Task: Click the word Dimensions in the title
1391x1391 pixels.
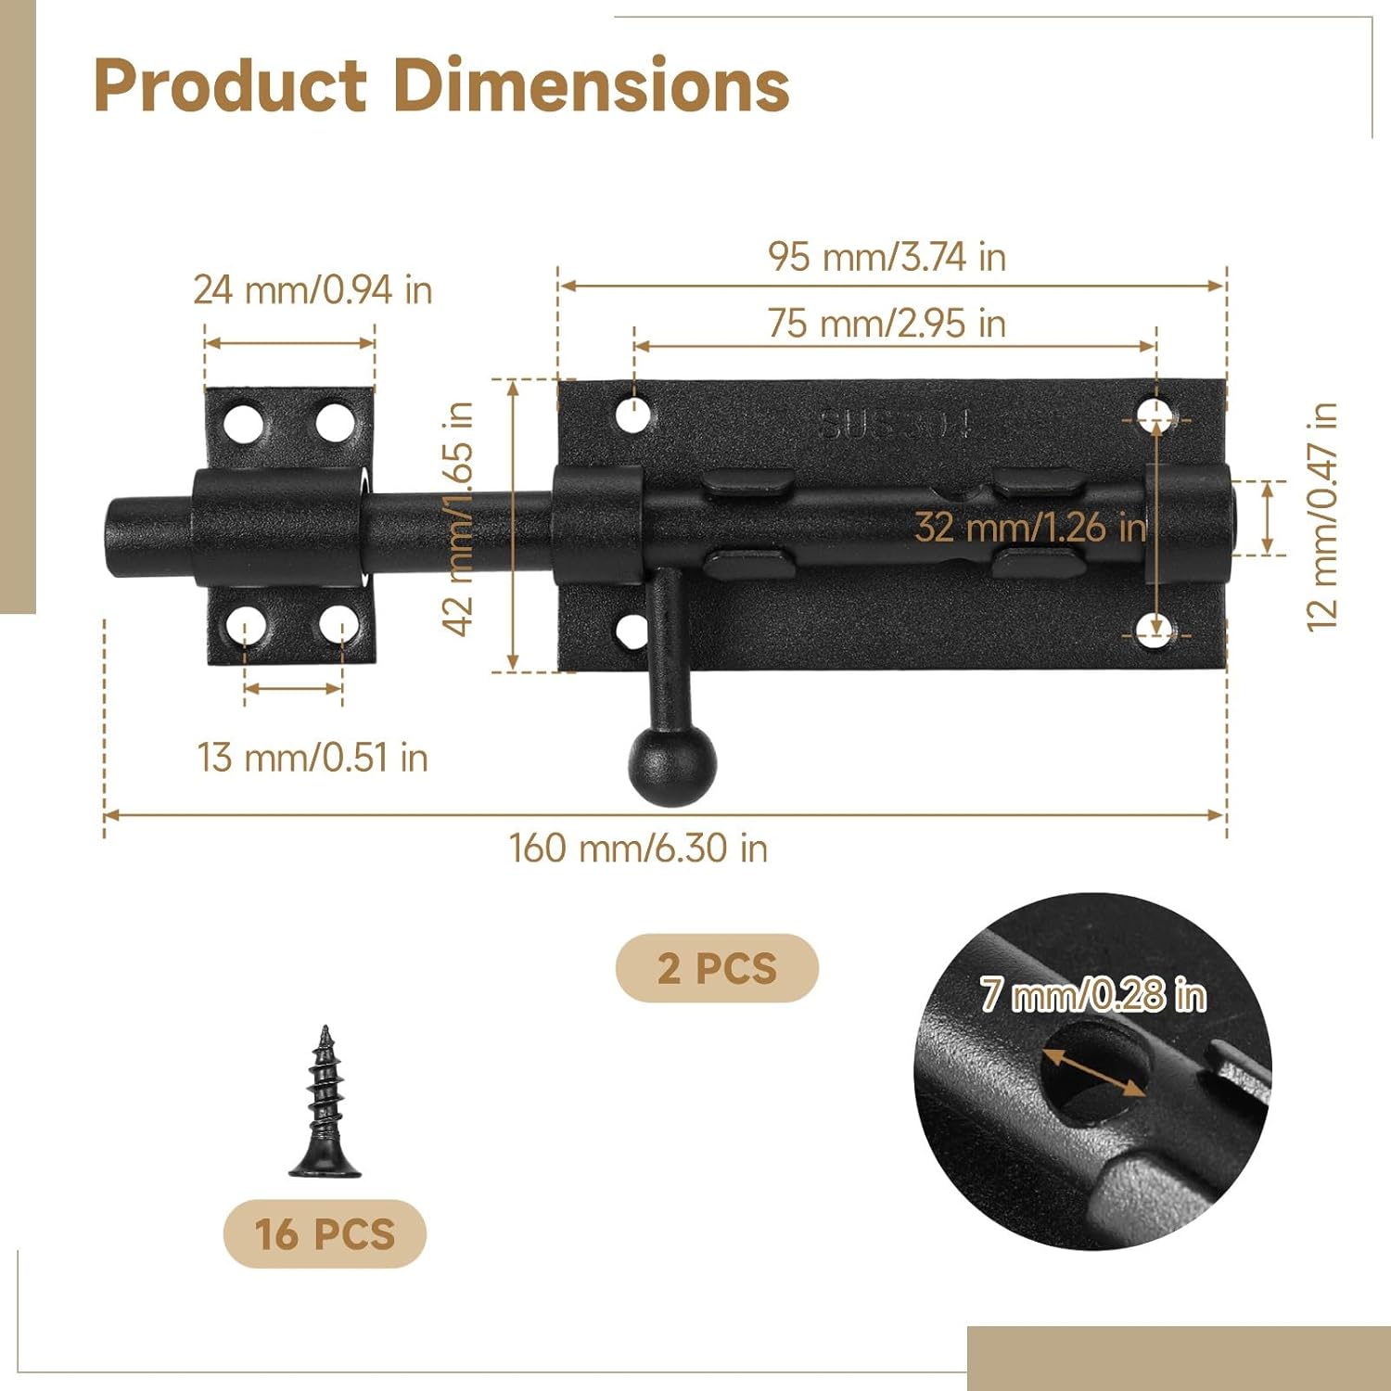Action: (591, 85)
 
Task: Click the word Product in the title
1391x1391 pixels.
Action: (230, 85)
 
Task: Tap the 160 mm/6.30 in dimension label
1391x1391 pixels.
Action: (638, 849)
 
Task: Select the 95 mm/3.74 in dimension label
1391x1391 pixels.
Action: (887, 257)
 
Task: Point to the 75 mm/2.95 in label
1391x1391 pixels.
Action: (887, 324)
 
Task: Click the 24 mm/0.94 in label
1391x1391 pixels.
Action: (313, 290)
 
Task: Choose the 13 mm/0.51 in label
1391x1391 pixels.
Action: (313, 758)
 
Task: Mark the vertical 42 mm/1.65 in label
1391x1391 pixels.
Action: (459, 518)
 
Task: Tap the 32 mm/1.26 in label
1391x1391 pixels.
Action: (1029, 528)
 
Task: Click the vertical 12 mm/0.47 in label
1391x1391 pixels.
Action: (1321, 517)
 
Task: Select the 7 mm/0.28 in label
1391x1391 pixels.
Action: (1093, 995)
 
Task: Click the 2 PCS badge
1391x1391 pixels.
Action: (717, 968)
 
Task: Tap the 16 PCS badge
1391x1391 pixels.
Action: (325, 1234)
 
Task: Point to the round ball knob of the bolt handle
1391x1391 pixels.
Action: (672, 765)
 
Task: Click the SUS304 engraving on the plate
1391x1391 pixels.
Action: (895, 425)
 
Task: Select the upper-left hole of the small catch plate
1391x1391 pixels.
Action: (244, 423)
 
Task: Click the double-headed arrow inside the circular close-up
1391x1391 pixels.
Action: (1093, 1072)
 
